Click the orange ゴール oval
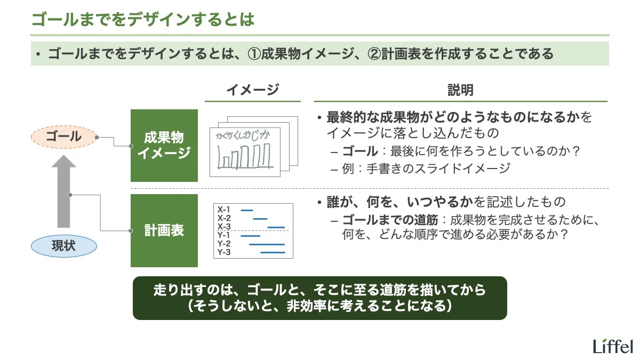(63, 137)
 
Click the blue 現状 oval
(63, 246)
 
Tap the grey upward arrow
(63, 192)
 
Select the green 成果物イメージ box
(164, 146)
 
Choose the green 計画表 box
(164, 230)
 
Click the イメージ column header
(252, 90)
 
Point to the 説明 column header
(460, 90)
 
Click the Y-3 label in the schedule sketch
(223, 252)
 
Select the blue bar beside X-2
(260, 219)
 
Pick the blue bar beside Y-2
(267, 244)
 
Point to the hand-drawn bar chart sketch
(243, 158)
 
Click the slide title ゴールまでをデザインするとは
(142, 20)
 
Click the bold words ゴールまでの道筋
(390, 220)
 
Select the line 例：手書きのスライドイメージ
(427, 169)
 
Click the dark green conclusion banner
(319, 298)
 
